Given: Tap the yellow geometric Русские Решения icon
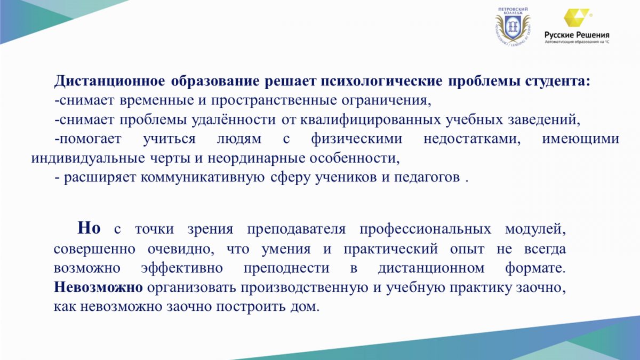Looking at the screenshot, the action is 577,18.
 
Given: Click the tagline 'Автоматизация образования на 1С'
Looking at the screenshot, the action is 577,42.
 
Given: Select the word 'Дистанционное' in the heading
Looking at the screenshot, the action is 109,81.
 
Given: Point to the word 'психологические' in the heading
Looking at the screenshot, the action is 381,82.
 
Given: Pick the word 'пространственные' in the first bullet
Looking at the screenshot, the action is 274,101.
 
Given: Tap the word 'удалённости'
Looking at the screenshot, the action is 234,119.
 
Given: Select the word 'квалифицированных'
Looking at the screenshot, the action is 370,120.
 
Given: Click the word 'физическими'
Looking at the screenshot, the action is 357,139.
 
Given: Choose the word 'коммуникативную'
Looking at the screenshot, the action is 202,178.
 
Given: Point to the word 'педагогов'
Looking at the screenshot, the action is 427,178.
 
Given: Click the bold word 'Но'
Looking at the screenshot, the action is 89,228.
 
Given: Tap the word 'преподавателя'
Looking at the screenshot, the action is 297,229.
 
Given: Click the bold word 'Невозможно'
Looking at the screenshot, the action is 98,287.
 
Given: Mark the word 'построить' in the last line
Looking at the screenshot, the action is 251,307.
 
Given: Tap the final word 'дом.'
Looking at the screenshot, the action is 305,307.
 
